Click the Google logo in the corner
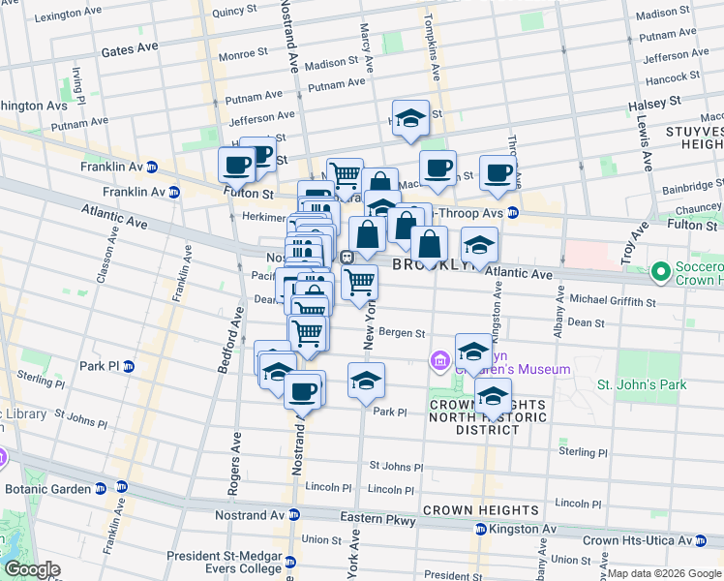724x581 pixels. tap(31, 569)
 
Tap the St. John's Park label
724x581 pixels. tap(641, 384)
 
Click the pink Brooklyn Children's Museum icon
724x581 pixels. tap(441, 361)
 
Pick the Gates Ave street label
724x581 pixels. tap(129, 47)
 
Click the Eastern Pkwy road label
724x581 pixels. tap(377, 519)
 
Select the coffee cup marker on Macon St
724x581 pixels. tap(437, 168)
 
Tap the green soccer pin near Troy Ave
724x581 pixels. tap(662, 272)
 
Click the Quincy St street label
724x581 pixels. tap(232, 12)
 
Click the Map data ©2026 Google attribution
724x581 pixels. tap(664, 573)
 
